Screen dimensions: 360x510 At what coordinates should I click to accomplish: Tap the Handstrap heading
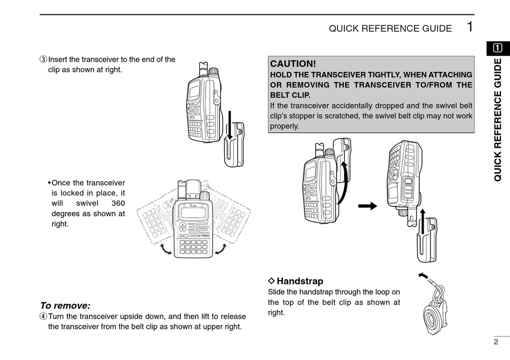[300, 281]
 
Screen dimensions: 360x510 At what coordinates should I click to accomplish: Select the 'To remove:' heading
[65, 305]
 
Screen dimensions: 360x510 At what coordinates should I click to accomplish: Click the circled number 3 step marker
[43, 60]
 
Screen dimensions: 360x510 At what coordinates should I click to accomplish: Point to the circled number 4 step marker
[43, 317]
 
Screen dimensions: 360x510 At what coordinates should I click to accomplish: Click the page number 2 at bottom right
[496, 342]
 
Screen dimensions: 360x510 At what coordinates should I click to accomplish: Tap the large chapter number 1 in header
[470, 26]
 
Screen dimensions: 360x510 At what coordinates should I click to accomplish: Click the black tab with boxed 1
[499, 48]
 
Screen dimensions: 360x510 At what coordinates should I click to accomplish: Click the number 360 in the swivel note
[118, 203]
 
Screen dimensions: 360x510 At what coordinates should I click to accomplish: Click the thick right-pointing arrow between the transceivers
[367, 205]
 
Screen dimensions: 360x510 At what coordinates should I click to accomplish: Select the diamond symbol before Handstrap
[271, 281]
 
